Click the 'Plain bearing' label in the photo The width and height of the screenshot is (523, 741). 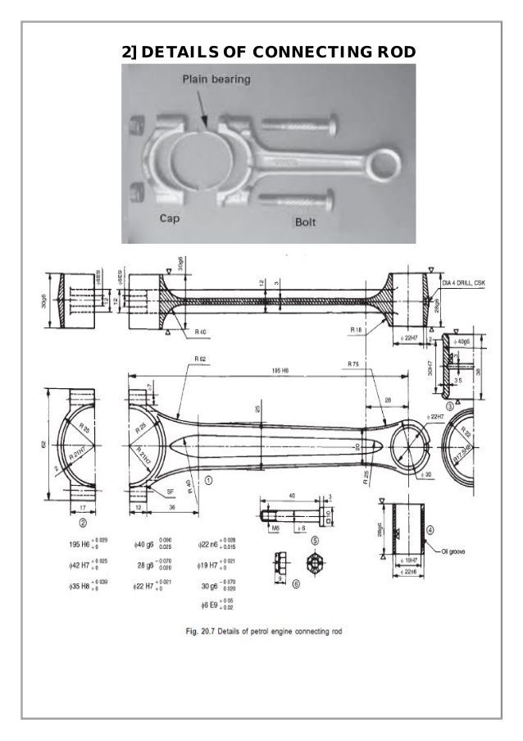216,80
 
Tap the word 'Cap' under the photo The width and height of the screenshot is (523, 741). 170,219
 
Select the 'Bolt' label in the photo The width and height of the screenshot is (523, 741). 307,222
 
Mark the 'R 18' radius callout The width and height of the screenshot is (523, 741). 355,329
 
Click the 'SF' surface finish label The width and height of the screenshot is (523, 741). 170,490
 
